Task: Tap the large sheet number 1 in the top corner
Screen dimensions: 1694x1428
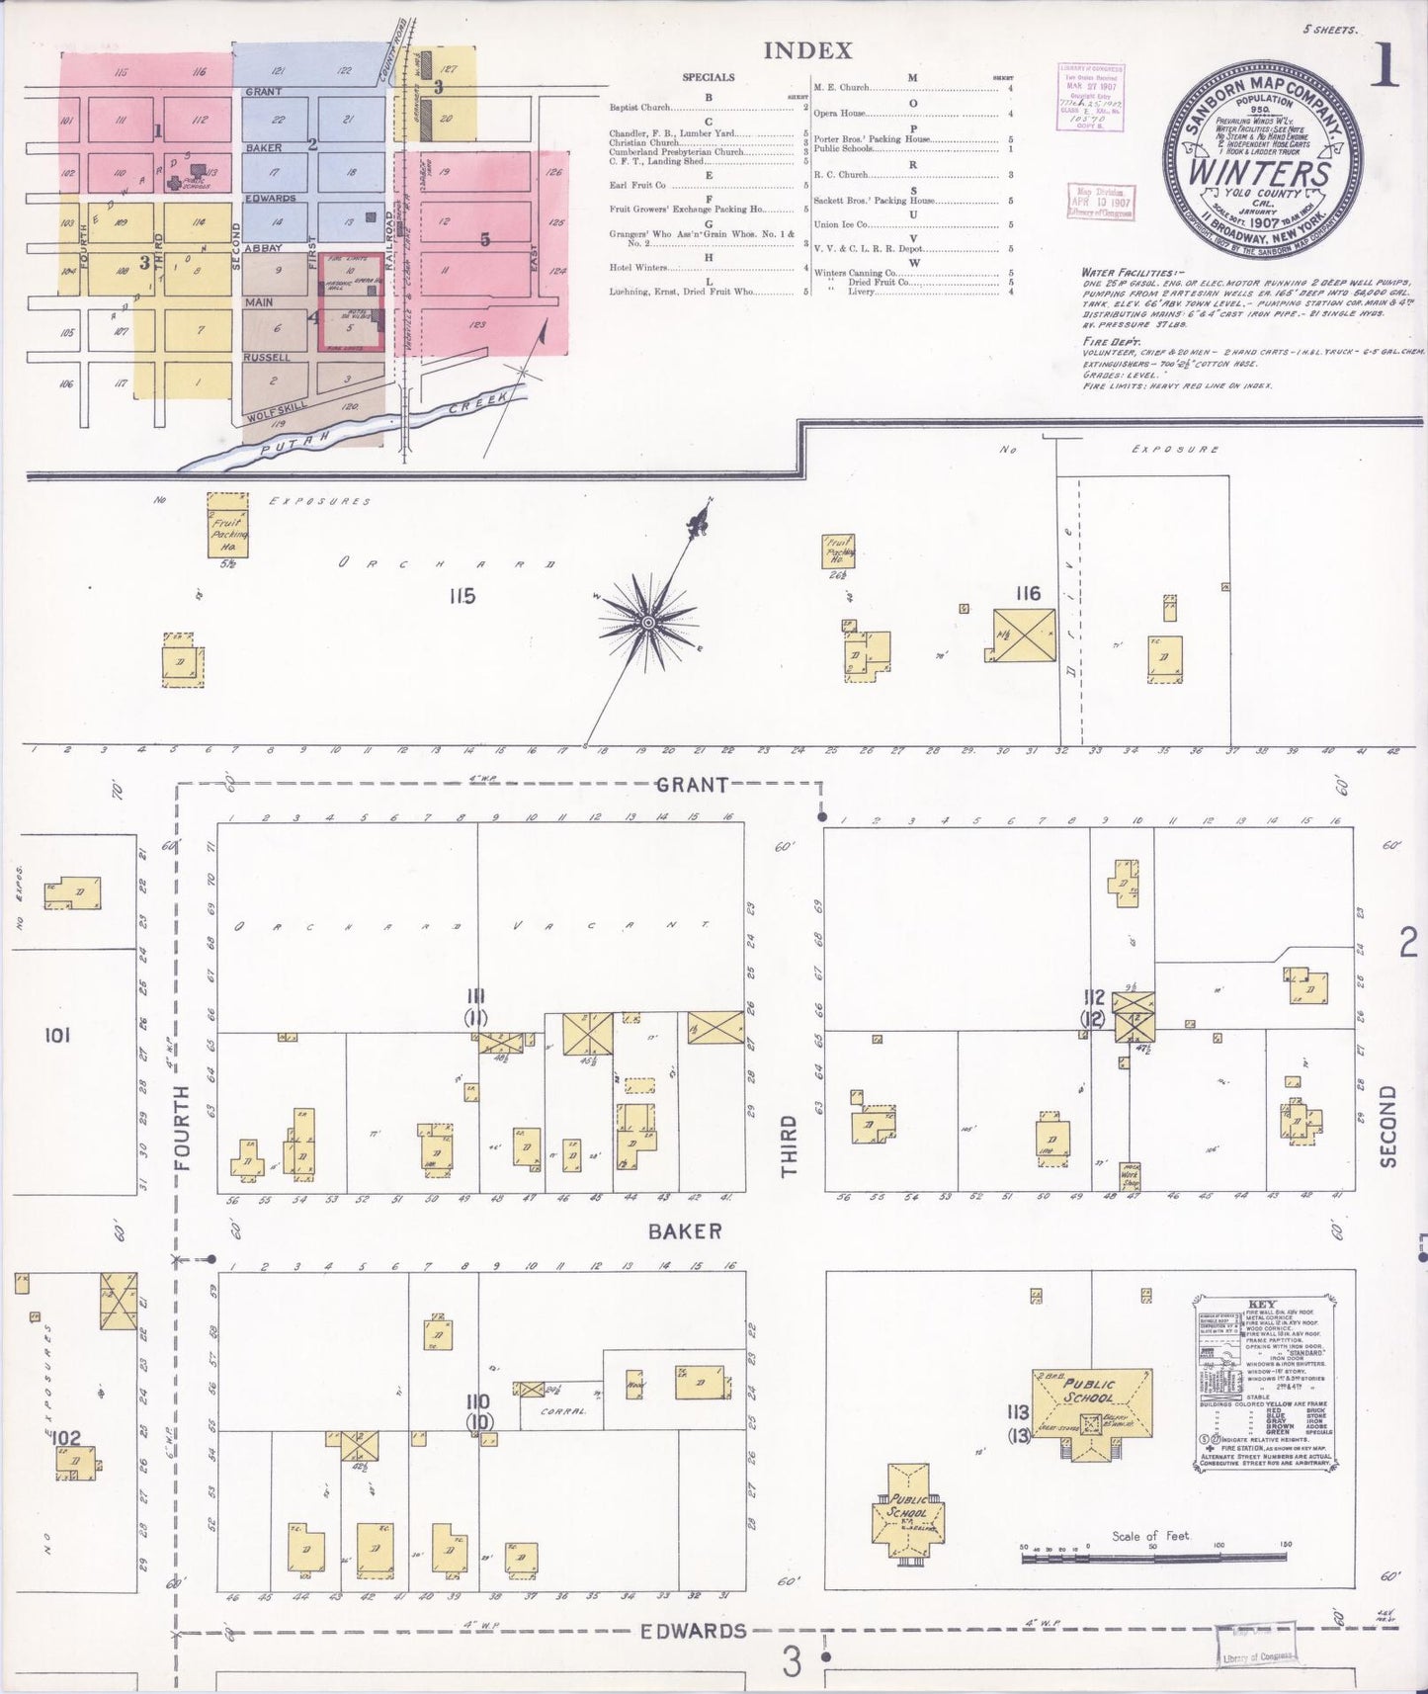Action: coord(1385,66)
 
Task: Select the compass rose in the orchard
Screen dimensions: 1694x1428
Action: coord(647,622)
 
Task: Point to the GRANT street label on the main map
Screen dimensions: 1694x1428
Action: coord(692,785)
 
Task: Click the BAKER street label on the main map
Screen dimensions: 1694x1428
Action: coord(685,1231)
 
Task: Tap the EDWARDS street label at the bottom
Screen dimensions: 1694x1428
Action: coord(692,1631)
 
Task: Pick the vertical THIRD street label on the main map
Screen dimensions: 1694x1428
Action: coord(789,1146)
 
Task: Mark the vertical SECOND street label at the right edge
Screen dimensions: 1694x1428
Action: coord(1388,1127)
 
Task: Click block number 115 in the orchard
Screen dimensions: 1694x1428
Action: coord(461,596)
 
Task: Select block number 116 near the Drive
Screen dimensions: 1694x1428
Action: coord(1028,593)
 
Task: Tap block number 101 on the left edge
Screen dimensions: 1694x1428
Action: coord(58,1035)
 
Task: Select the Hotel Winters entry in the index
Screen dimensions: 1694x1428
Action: coord(638,267)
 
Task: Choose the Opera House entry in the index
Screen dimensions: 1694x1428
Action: coord(841,114)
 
